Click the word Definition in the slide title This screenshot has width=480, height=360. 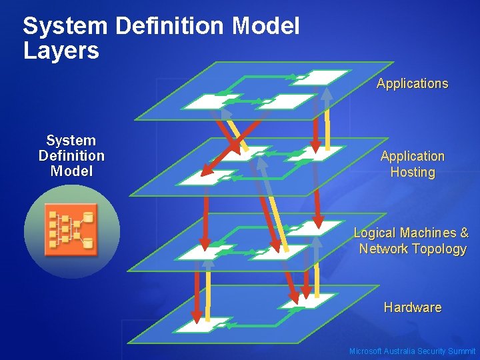pyautogui.click(x=169, y=27)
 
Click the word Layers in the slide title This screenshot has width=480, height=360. pyautogui.click(x=61, y=51)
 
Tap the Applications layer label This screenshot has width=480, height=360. pyautogui.click(x=412, y=83)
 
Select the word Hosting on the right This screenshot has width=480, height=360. pyautogui.click(x=413, y=172)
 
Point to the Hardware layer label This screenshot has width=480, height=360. pyautogui.click(x=413, y=307)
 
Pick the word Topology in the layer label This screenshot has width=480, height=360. pyautogui.click(x=440, y=249)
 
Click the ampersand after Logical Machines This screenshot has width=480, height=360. pyautogui.click(x=464, y=233)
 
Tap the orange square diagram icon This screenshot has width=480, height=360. pyautogui.click(x=71, y=230)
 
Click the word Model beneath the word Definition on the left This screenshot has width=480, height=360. pyautogui.click(x=71, y=171)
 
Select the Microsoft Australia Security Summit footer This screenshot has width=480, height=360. pyautogui.click(x=413, y=351)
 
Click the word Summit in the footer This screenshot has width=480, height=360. pyautogui.click(x=462, y=351)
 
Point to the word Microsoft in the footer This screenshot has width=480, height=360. pyautogui.click(x=365, y=351)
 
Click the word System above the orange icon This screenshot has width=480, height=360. pyautogui.click(x=71, y=141)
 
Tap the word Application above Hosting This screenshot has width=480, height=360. pyautogui.click(x=413, y=156)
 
